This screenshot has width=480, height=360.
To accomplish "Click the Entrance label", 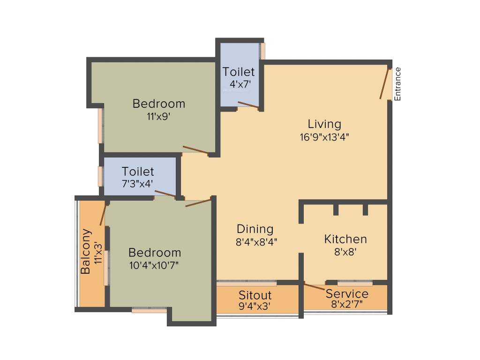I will click(x=397, y=84).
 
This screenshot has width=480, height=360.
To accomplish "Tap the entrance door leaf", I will click(x=384, y=84).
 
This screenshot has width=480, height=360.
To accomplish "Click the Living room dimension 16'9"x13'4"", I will click(x=324, y=137).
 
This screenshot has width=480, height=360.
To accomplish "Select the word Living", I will click(x=324, y=124).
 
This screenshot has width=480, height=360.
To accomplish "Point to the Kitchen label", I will click(x=345, y=239).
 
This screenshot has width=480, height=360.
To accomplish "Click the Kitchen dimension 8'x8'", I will click(x=345, y=251).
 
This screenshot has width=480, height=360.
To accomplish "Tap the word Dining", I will click(x=255, y=229).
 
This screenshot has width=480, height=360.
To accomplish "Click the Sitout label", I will click(x=255, y=296).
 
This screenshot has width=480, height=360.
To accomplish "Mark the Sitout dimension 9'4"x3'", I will click(x=255, y=307).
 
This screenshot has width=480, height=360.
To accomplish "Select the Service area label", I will click(x=347, y=294).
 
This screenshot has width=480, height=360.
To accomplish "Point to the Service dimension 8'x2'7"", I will click(x=347, y=304).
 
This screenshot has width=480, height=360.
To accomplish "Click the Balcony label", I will click(x=86, y=251).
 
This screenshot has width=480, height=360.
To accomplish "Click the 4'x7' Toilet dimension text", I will click(x=239, y=84).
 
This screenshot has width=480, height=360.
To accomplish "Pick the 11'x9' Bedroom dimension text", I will click(x=158, y=116).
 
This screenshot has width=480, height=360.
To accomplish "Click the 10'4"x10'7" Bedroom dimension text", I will click(x=154, y=265).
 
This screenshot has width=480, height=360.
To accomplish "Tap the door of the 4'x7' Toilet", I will click(x=248, y=105).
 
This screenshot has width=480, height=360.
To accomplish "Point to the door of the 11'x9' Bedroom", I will click(x=196, y=150).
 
